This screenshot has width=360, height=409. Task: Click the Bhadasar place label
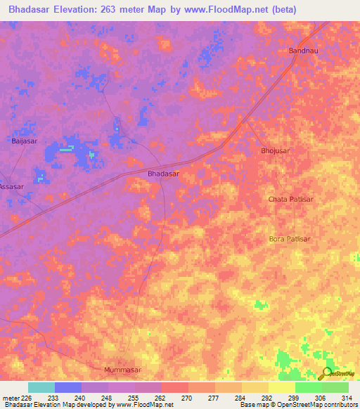click(x=163, y=172)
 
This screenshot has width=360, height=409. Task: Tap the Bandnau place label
click(x=304, y=51)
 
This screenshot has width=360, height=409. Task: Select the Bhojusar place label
click(x=275, y=151)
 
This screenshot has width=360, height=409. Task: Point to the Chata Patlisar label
click(x=290, y=199)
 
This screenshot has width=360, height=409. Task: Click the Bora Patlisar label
click(x=290, y=239)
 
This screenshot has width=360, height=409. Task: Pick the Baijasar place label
click(x=25, y=141)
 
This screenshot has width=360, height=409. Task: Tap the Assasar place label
click(x=11, y=187)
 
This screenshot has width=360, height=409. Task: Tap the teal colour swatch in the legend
click(x=41, y=387)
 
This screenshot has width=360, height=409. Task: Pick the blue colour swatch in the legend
click(x=68, y=387)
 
